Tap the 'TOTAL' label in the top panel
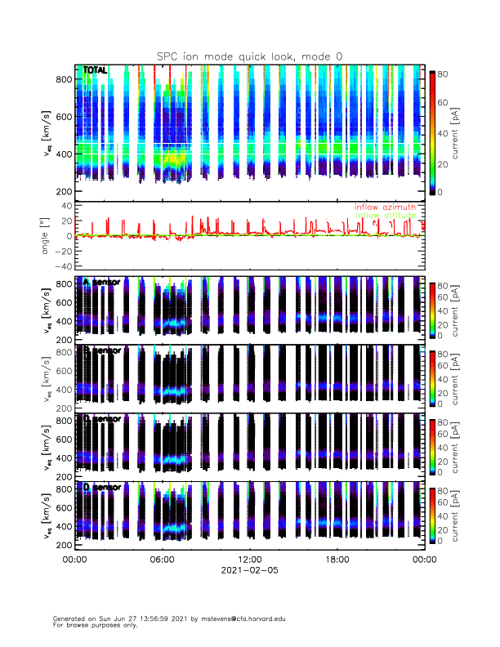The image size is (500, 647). (96, 71)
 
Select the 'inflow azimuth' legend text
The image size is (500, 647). (385, 207)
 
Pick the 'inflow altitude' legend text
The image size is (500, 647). (385, 216)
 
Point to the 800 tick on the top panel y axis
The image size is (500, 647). (64, 79)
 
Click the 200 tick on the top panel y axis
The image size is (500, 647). (64, 191)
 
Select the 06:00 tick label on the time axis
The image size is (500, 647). (162, 560)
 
